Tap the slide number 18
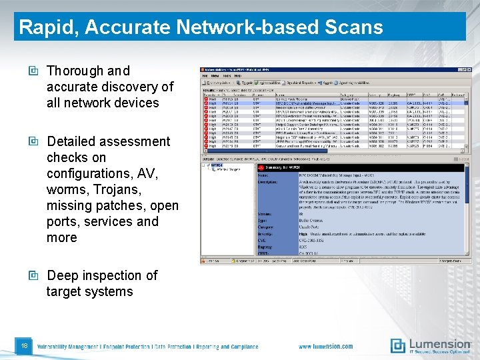point(24,346)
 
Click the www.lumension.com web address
point(326,347)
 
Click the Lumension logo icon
point(398,345)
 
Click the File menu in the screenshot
point(205,75)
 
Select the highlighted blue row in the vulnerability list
point(333,103)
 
